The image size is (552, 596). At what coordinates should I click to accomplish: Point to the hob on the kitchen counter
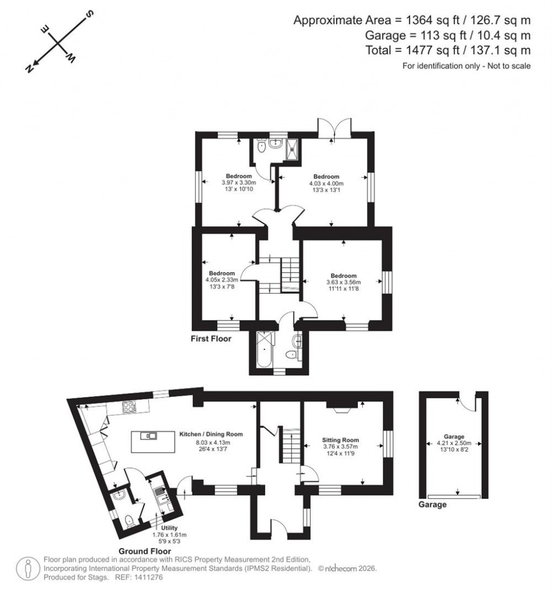click(x=129, y=408)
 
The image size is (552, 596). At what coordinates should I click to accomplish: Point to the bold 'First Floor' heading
click(x=211, y=339)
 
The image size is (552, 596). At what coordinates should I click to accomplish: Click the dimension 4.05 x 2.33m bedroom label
click(x=222, y=280)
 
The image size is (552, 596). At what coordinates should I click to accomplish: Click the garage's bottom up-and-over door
click(x=454, y=496)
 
